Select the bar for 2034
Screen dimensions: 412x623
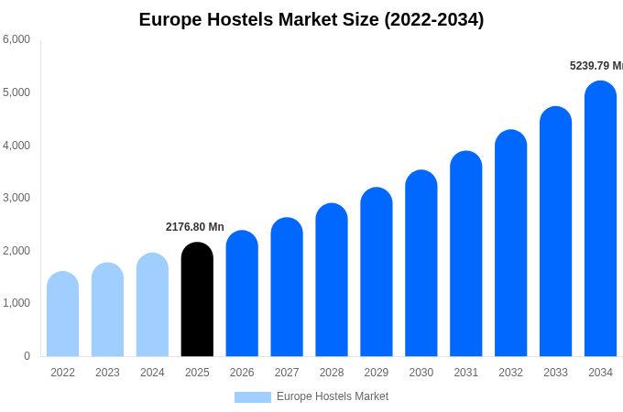pos(600,220)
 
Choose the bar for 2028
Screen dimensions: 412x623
pos(332,280)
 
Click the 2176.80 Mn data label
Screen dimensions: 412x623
pos(195,227)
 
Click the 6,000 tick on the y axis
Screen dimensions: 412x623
pos(16,39)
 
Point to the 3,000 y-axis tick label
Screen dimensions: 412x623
pos(16,198)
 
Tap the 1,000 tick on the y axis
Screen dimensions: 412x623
pos(16,303)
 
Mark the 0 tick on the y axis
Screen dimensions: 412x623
pos(27,356)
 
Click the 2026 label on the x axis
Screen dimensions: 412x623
pos(242,373)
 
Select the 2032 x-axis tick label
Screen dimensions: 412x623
pos(510,373)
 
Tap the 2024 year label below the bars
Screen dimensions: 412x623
pos(152,373)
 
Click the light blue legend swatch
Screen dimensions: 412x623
pos(253,397)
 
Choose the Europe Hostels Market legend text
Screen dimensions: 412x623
pos(333,396)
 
